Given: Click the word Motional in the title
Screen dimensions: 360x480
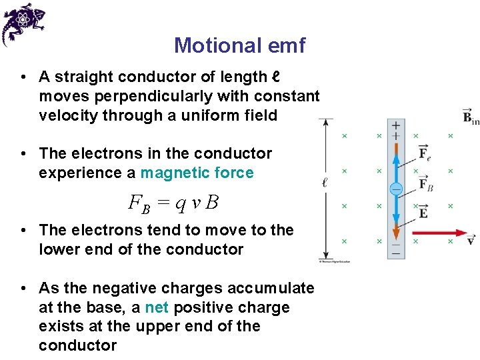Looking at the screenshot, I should (x=210, y=45).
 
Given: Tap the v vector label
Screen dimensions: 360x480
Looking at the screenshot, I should (x=471, y=239).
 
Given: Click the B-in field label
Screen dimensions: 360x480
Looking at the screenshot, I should (x=471, y=117).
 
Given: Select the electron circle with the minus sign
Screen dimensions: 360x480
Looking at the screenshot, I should (x=395, y=189).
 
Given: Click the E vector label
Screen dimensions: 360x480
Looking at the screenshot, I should (x=423, y=212).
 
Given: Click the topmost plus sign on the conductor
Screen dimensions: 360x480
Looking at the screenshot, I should (x=395, y=125).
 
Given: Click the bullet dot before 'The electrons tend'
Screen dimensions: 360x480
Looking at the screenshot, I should (x=23, y=230).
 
